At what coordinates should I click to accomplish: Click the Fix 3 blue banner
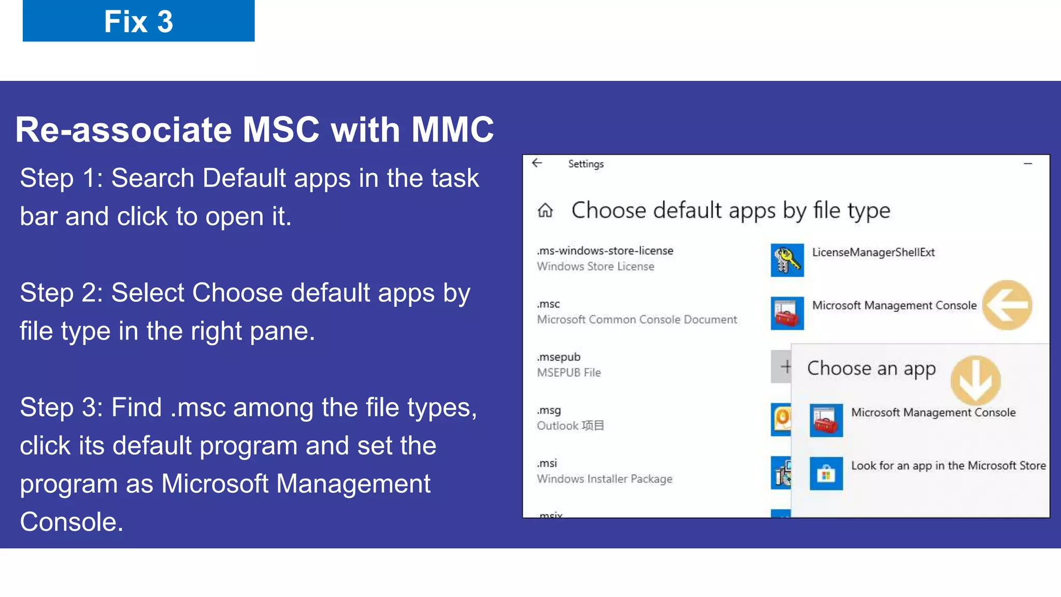[138, 21]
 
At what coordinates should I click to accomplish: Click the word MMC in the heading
[452, 130]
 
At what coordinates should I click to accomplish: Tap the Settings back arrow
[537, 163]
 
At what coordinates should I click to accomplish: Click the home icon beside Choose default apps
[545, 210]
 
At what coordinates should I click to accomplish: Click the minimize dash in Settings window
[1028, 164]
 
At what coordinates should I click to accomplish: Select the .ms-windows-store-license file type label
[605, 251]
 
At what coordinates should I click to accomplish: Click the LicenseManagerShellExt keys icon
[786, 260]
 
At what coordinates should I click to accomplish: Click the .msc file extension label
[549, 304]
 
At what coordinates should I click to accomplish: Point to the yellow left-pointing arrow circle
[1007, 305]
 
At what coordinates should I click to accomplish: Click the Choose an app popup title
[871, 368]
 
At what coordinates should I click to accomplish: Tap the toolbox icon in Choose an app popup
[826, 420]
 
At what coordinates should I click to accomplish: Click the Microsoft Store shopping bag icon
[826, 473]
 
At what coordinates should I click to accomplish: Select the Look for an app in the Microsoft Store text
[948, 465]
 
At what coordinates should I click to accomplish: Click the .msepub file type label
[558, 357]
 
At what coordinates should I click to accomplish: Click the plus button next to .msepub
[782, 366]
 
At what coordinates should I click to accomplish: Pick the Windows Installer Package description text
[605, 479]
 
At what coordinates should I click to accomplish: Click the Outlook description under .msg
[570, 426]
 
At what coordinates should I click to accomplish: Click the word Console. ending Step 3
[71, 522]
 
